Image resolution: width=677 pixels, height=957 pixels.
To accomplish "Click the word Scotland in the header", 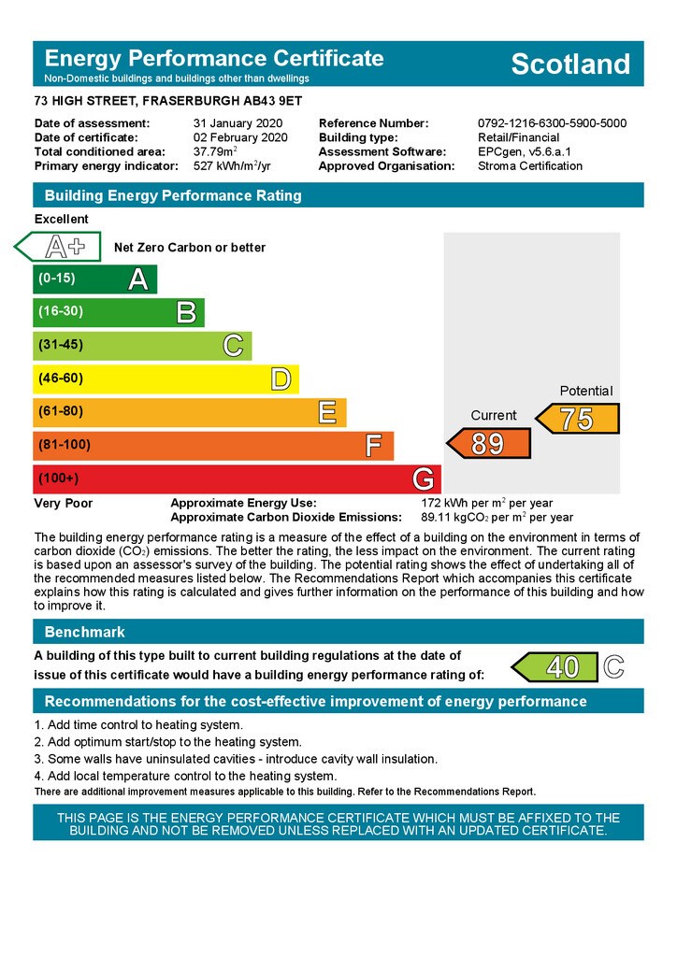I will (x=570, y=64).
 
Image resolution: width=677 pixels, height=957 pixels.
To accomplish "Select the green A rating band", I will (x=94, y=279).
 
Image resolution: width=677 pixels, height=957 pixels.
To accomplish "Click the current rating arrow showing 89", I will (x=488, y=443).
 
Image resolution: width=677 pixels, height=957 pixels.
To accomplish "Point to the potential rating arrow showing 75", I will (x=577, y=419).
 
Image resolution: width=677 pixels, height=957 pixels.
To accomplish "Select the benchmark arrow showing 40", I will (x=554, y=667).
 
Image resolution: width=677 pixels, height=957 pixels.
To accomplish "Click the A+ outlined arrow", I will (x=58, y=247).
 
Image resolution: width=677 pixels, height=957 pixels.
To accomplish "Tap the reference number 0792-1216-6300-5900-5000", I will (x=552, y=123).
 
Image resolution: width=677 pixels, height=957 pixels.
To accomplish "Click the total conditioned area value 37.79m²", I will (x=215, y=151).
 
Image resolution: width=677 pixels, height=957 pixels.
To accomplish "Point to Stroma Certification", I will (x=529, y=165).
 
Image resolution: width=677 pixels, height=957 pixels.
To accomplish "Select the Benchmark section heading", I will (x=84, y=632).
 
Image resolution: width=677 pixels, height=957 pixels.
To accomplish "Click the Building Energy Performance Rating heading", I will (x=173, y=195).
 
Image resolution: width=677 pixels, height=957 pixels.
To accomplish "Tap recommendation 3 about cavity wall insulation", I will (x=236, y=759).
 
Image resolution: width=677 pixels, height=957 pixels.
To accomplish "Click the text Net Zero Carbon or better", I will (x=190, y=248).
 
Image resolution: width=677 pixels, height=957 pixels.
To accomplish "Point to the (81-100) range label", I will (x=65, y=445).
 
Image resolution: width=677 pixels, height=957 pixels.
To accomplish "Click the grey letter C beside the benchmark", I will (x=613, y=667).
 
